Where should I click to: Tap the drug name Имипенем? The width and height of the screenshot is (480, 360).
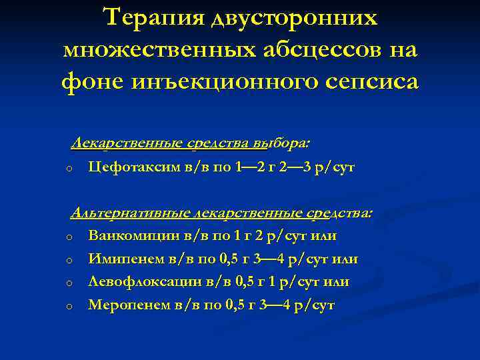click(x=123, y=259)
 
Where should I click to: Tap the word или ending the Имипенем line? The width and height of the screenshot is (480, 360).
click(x=345, y=259)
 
